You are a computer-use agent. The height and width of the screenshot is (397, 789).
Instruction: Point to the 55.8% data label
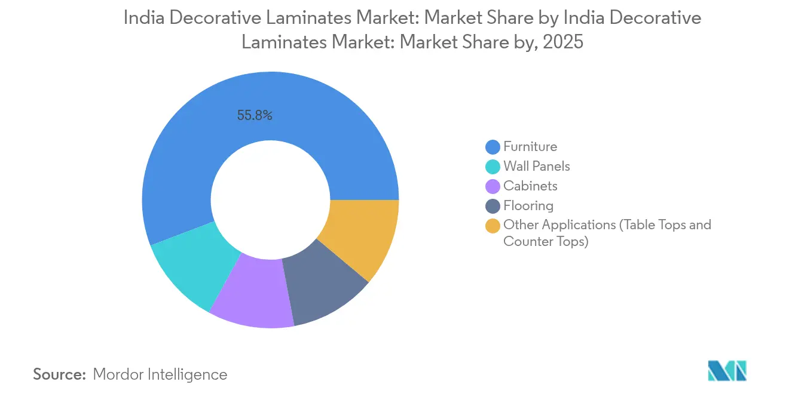(255, 116)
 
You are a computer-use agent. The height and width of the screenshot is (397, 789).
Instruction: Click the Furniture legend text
(530, 146)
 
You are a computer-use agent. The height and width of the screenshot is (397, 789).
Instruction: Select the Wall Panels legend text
(537, 166)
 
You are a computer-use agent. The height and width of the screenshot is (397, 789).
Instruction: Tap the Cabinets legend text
(530, 186)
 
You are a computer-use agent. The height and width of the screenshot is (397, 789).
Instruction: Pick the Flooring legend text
(528, 205)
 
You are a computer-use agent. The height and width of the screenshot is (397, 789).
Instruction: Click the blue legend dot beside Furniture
(493, 147)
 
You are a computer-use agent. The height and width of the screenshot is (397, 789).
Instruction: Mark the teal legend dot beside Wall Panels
(493, 167)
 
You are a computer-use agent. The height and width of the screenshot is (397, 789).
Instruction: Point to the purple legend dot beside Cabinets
(493, 186)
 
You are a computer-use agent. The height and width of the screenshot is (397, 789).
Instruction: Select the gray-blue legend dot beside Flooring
(493, 206)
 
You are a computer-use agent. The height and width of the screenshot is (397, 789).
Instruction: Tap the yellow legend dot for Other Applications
(493, 226)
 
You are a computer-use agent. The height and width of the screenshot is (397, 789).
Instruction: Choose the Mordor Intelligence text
(160, 374)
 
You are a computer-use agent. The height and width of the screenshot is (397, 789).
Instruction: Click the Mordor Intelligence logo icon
(727, 371)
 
